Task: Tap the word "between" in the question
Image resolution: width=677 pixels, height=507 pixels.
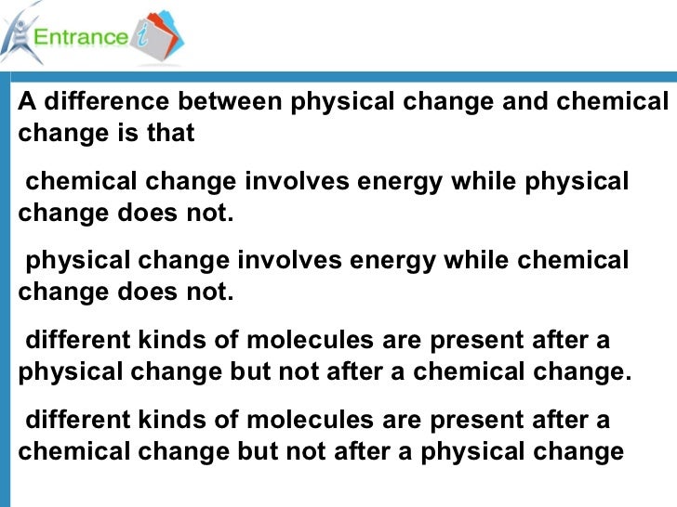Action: [232, 101]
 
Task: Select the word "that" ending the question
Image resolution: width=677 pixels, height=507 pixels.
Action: [170, 133]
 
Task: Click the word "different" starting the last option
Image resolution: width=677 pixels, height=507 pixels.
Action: [77, 421]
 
